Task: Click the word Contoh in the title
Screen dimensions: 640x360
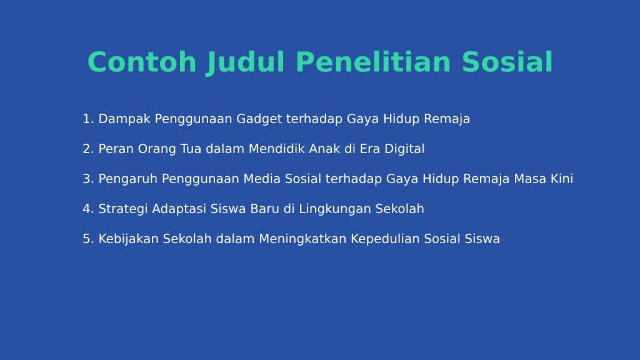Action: tap(142, 62)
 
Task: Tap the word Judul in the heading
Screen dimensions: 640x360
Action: tap(245, 63)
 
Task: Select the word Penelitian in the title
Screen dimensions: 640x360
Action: tap(373, 62)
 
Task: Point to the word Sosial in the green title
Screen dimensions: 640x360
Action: tap(507, 62)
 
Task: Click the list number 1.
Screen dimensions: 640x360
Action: tap(88, 119)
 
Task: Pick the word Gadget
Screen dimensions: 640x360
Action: tap(259, 119)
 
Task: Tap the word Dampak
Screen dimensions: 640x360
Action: tap(124, 119)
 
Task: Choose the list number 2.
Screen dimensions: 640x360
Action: tap(88, 149)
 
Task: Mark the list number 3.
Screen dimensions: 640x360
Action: tap(88, 179)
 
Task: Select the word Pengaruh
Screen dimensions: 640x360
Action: tap(127, 179)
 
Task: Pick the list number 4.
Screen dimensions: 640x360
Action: tap(88, 209)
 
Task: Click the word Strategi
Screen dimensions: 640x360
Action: tap(123, 209)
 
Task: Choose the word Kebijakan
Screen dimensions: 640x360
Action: tap(128, 239)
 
